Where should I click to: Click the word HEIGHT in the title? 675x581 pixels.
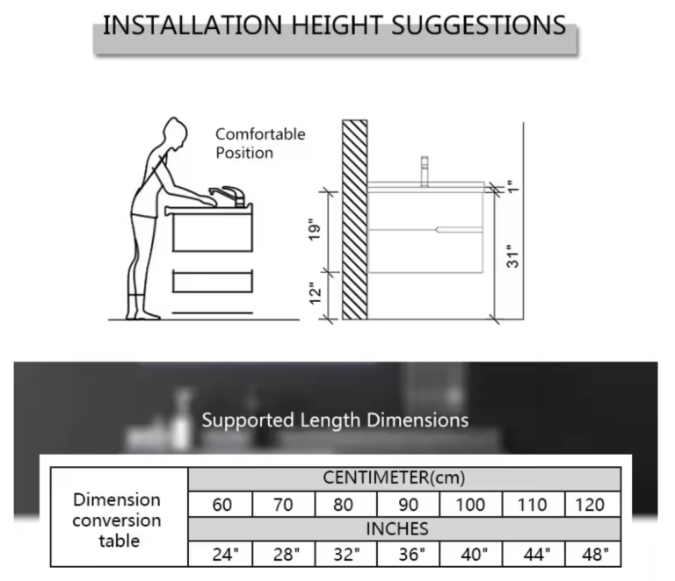337,25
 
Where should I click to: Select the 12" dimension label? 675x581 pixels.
316,293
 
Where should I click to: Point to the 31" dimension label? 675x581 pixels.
512,256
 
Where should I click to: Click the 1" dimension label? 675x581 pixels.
512,187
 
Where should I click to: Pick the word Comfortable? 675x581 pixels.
260,134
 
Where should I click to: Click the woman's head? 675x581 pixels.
175,133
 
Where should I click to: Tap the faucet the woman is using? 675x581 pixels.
228,197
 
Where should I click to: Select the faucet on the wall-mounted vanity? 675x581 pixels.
425,171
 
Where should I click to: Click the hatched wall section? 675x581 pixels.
355,219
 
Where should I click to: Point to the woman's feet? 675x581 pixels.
143,314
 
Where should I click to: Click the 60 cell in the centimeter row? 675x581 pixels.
221,504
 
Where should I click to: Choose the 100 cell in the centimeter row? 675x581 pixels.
470,504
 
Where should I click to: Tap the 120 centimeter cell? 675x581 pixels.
592,504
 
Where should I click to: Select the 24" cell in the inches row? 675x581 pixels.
221,554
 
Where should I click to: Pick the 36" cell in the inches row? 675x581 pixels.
408,554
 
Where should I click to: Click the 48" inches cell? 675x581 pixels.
592,554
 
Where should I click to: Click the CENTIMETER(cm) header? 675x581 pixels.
394,477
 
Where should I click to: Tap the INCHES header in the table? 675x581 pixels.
397,529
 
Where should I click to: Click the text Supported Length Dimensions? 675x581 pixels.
335,420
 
